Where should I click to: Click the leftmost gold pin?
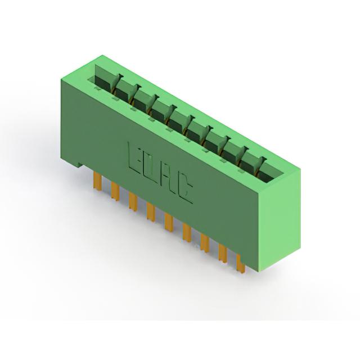(x=98, y=181)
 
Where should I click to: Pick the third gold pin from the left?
(x=133, y=201)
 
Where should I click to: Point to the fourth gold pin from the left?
(x=151, y=212)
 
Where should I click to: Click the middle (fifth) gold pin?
(x=169, y=222)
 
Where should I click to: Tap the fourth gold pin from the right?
(x=187, y=232)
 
